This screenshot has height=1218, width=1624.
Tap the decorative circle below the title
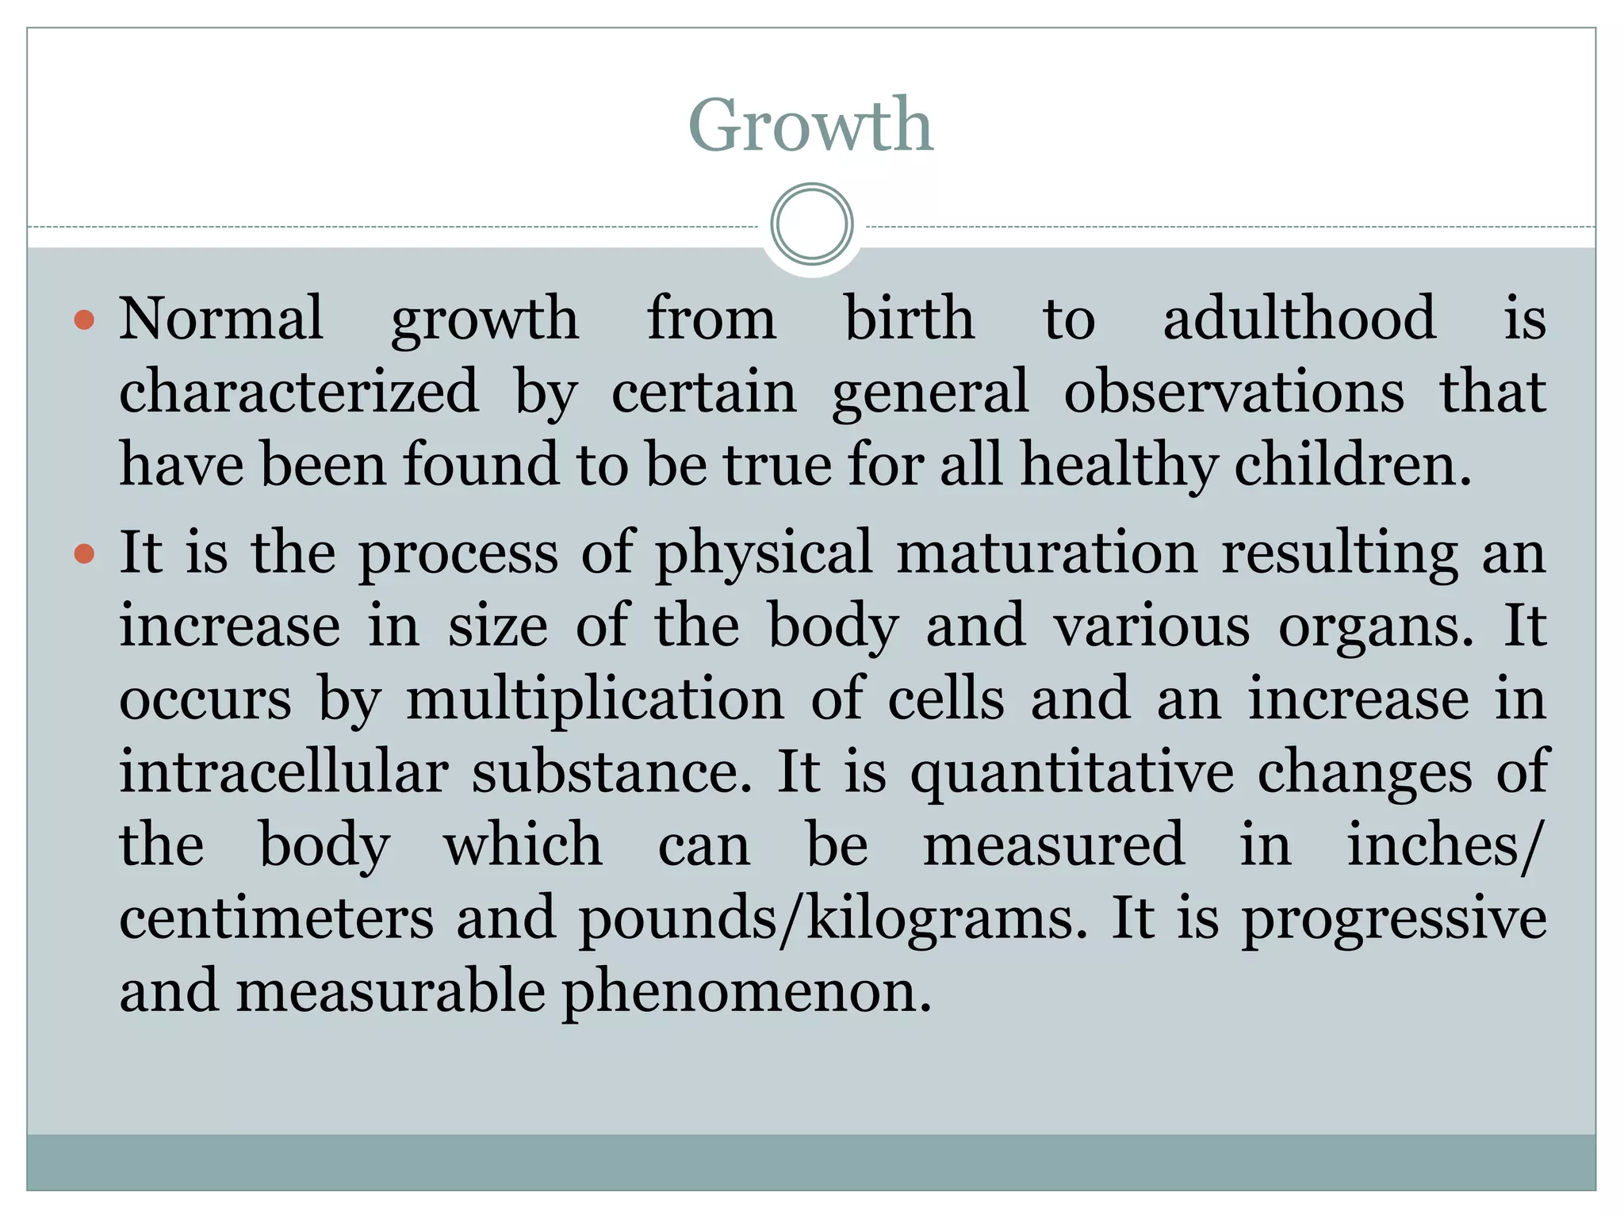click(x=811, y=224)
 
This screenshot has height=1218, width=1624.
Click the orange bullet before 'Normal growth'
click(x=84, y=320)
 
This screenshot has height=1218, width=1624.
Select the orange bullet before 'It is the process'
click(x=84, y=553)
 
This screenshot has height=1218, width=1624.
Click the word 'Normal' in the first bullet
click(x=221, y=319)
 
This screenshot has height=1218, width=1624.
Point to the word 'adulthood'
click(x=1299, y=319)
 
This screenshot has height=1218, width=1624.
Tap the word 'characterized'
click(x=299, y=392)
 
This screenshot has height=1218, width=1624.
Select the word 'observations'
click(x=1233, y=392)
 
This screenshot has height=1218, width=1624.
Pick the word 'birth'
click(x=909, y=319)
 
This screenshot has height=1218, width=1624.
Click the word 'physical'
click(x=764, y=554)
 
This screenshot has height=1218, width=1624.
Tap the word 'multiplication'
click(x=595, y=700)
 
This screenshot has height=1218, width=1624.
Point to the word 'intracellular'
click(x=284, y=772)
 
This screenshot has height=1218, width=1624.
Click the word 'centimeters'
click(x=277, y=919)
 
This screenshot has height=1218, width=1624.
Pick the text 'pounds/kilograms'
click(x=833, y=920)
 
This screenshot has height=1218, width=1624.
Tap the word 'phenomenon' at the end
click(x=746, y=993)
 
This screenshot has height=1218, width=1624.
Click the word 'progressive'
click(x=1393, y=920)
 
